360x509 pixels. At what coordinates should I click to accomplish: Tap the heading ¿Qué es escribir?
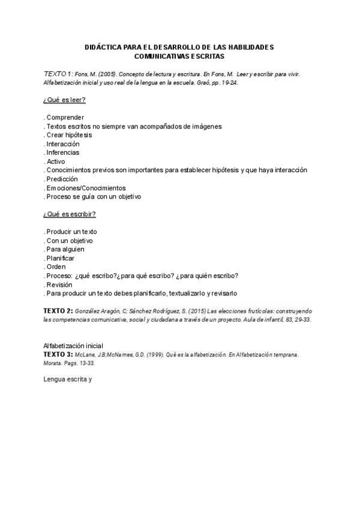(x=70, y=214)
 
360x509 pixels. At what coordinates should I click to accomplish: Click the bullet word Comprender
(x=65, y=118)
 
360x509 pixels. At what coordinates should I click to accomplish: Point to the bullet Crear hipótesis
(x=68, y=135)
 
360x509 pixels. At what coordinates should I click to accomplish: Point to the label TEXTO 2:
(x=58, y=311)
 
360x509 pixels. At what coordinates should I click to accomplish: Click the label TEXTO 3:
(x=58, y=355)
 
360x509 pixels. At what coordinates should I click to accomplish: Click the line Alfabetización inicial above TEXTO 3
(x=73, y=346)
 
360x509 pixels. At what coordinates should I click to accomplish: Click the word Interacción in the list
(x=62, y=144)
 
